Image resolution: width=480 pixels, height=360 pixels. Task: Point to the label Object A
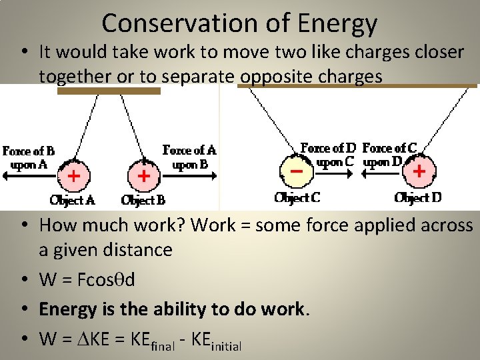coord(73,200)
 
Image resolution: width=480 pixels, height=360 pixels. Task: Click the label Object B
coord(143,200)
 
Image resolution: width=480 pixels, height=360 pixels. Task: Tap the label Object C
coord(297,198)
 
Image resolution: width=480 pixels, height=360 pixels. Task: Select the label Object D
coord(418,198)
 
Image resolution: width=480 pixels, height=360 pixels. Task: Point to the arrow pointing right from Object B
coord(189,176)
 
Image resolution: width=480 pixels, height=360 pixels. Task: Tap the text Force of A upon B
coord(190,157)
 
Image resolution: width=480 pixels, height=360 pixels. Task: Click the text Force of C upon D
coord(389,155)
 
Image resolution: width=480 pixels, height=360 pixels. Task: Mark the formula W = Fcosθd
coord(87,279)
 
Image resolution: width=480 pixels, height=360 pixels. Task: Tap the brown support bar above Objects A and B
coord(109,91)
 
